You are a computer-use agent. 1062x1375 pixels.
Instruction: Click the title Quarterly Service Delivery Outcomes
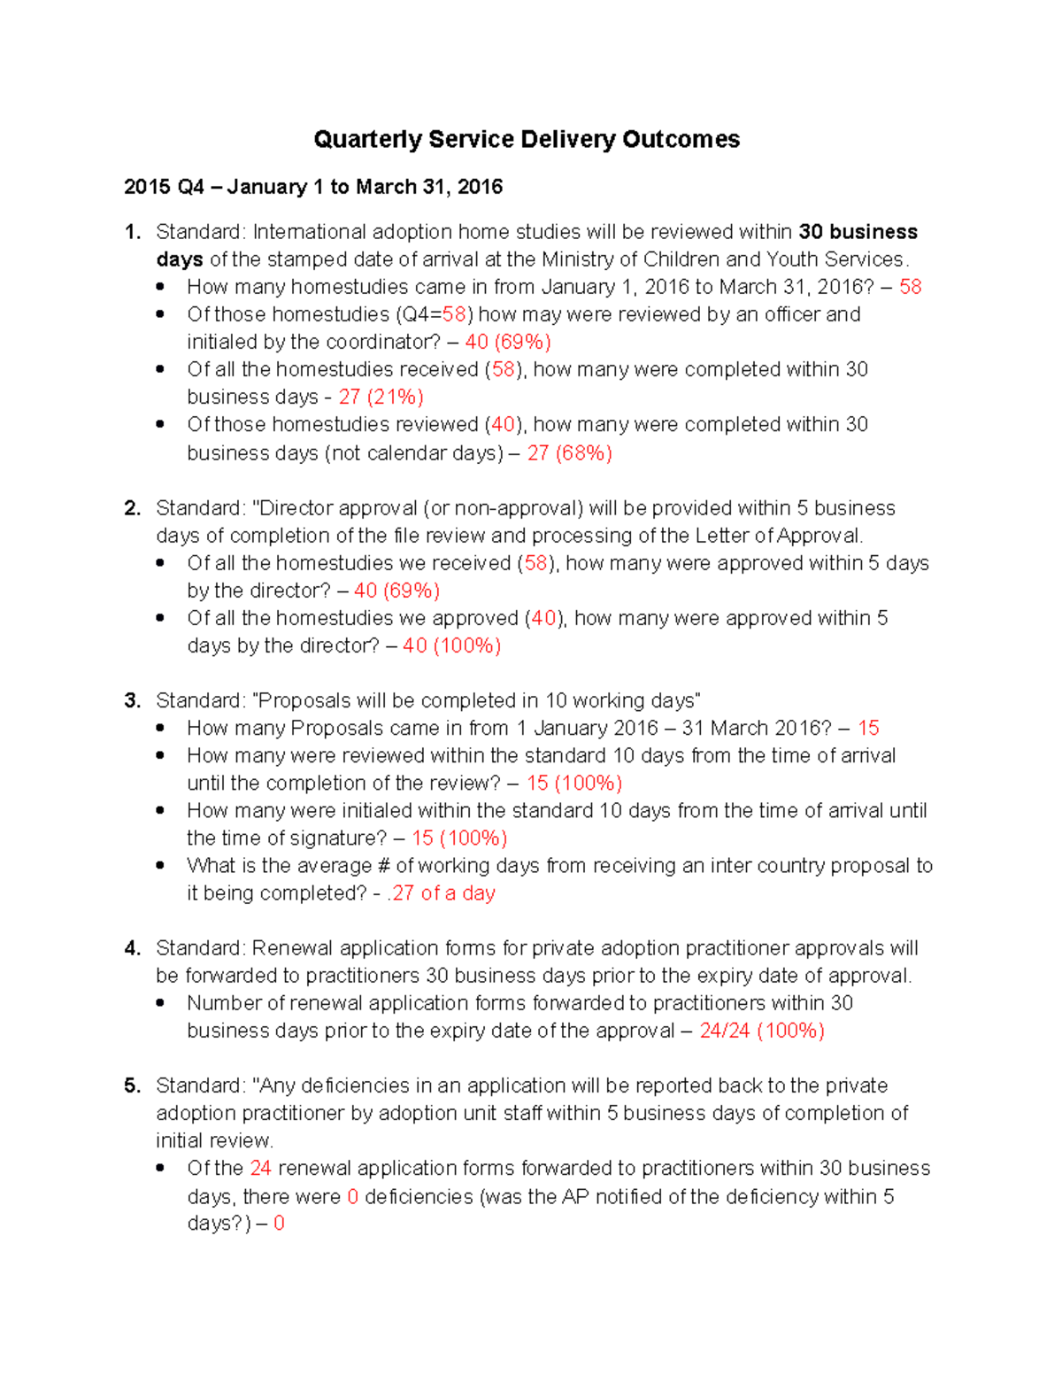[x=527, y=140]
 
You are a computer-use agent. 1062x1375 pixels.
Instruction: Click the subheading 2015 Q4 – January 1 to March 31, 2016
[x=313, y=187]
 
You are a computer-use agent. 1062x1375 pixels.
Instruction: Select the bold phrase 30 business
[x=858, y=232]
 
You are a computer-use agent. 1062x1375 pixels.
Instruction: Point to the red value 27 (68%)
[x=569, y=453]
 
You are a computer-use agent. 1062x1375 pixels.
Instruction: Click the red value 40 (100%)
[x=451, y=645]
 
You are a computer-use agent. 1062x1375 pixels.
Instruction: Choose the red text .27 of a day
[x=441, y=893]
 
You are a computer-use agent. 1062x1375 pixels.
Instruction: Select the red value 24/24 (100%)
[x=761, y=1031]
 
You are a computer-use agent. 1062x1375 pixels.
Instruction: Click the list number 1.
[x=133, y=232]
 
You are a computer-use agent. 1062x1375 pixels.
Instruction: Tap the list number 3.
[x=133, y=700]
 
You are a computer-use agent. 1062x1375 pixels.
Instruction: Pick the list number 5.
[x=133, y=1085]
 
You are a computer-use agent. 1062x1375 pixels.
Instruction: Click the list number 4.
[x=133, y=948]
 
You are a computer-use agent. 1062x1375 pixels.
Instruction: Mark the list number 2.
[x=133, y=508]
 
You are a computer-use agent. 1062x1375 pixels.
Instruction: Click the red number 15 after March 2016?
[x=868, y=728]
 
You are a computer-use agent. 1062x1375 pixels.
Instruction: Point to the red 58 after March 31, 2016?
[x=910, y=287]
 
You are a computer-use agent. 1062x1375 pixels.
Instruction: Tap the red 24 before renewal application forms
[x=260, y=1168]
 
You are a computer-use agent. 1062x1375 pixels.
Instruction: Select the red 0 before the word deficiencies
[x=352, y=1196]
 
